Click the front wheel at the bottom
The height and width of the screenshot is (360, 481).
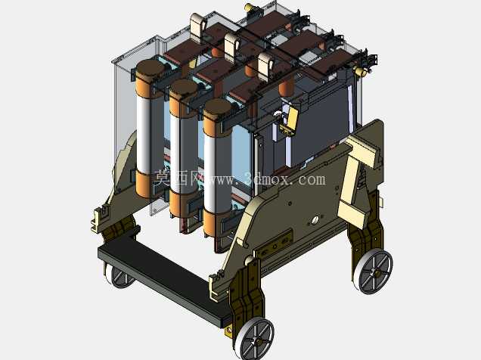(x=255, y=339)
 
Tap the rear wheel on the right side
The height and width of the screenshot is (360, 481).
(x=374, y=272)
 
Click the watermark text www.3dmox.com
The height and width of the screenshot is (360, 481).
(x=266, y=178)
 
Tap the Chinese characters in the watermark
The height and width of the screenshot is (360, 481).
(x=178, y=178)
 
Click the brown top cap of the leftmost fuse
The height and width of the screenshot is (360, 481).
(x=151, y=69)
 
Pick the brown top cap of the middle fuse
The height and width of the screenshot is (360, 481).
(x=184, y=88)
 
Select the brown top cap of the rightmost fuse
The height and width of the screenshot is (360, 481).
(x=217, y=108)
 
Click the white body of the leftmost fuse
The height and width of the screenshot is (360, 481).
(x=144, y=134)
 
